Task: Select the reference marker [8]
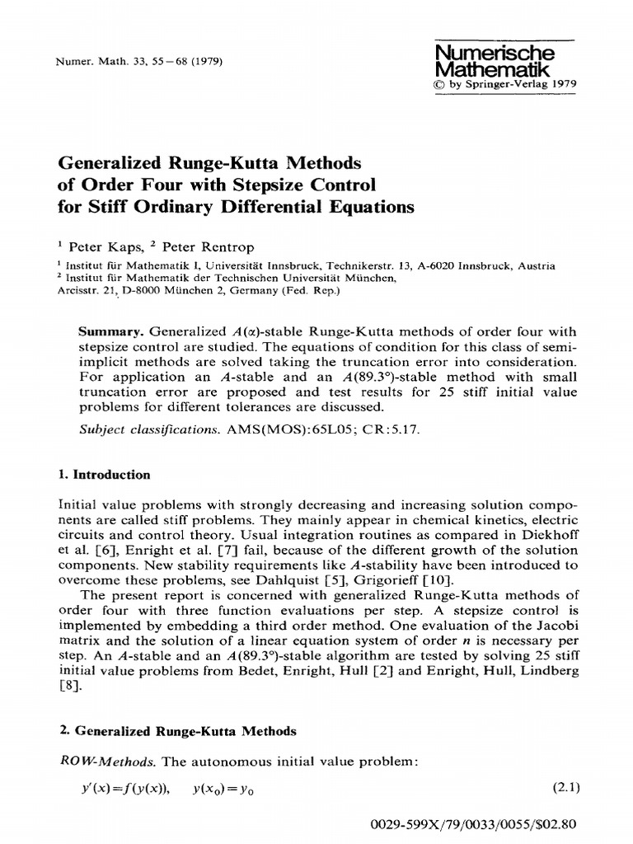click(x=69, y=687)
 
